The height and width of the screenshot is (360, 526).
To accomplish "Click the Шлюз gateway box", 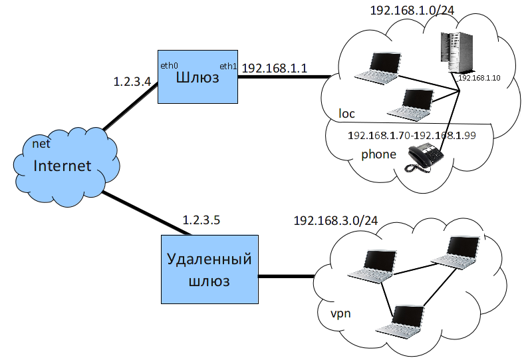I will [197, 77].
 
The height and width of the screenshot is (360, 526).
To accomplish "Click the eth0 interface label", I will [170, 65].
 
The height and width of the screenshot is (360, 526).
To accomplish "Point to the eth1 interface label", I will [227, 66].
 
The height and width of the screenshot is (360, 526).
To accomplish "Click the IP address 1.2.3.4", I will [133, 83].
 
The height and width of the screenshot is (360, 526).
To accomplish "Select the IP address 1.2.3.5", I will [201, 219].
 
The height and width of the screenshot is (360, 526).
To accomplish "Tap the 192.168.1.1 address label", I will [274, 68].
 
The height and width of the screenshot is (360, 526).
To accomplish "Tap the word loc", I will [346, 114].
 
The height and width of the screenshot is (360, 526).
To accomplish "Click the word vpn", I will [340, 313].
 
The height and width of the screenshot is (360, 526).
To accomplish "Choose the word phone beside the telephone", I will [378, 154].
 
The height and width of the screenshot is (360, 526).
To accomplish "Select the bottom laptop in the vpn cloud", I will [400, 321].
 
